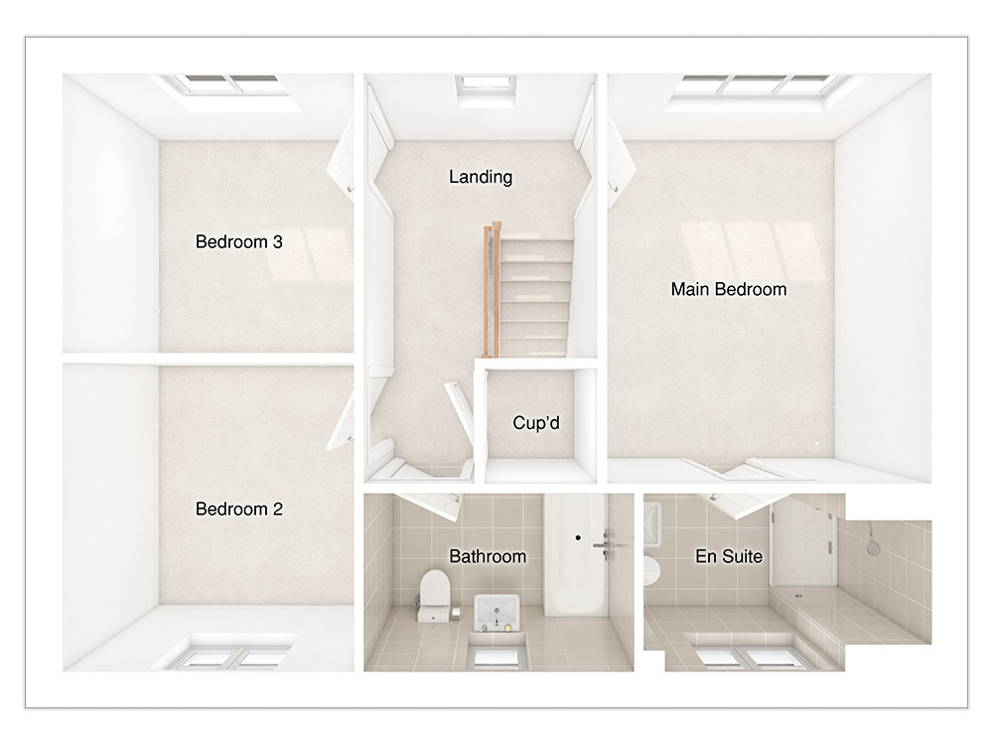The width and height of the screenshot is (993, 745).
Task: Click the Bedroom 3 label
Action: coord(238,242)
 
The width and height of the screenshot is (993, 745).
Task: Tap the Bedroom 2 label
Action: coord(238,510)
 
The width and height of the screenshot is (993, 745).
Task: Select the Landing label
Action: coord(481,178)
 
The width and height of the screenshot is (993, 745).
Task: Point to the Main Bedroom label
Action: coord(729,289)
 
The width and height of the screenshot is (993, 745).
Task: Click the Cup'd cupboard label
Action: coord(536,422)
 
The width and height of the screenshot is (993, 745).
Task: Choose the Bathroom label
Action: coord(488,557)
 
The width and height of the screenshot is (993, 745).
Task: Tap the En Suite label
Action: coord(729,557)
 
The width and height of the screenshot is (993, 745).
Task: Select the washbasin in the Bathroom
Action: coord(496,612)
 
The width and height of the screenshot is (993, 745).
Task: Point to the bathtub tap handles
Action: coord(604,544)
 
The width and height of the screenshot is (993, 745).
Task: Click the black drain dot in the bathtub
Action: coord(578,537)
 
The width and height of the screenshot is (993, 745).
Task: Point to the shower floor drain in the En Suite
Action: coord(798,595)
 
